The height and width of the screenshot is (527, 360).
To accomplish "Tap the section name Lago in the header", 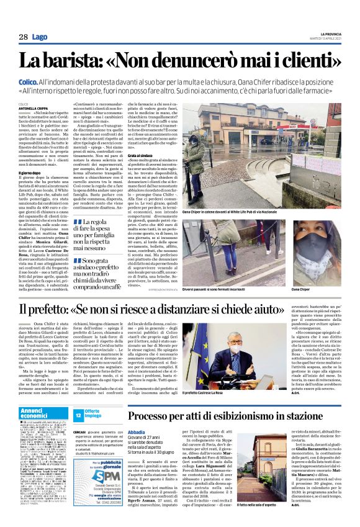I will (x=40, y=38).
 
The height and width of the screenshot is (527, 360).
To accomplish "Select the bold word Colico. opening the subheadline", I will (x=29, y=82).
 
